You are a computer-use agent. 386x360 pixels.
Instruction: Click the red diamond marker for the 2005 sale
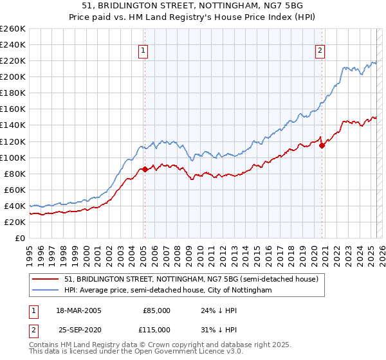click(145, 170)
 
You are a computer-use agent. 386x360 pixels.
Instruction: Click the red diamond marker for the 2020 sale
click(322, 145)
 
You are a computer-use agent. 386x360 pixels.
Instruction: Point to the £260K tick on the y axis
click(13, 29)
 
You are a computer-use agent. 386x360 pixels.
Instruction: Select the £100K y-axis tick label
click(13, 157)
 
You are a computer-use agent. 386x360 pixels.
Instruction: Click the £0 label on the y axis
click(19, 238)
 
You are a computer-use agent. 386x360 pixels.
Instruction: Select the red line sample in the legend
click(46, 279)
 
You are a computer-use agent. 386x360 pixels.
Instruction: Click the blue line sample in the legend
click(46, 291)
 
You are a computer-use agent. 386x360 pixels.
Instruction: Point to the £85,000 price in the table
click(156, 310)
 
